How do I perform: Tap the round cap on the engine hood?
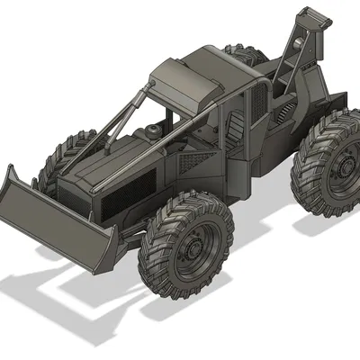click(x=154, y=133)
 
